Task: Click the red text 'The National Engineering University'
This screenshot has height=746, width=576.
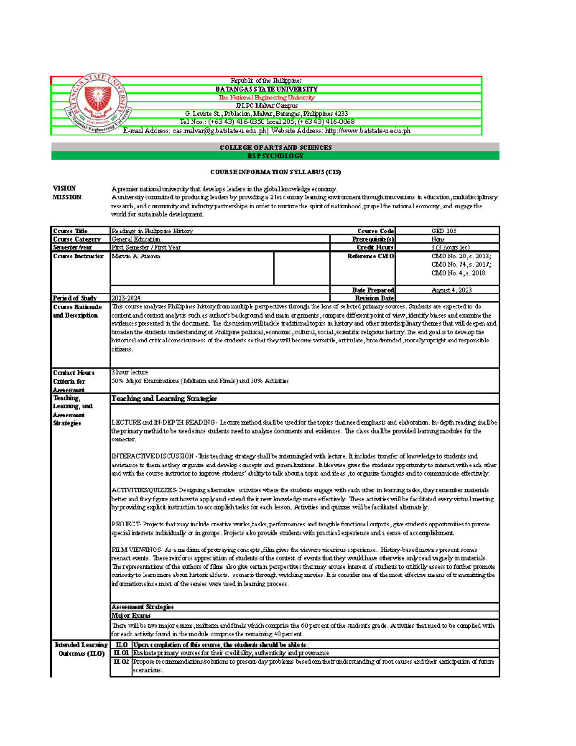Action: tap(266, 98)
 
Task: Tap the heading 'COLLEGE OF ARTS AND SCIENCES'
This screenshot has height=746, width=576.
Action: tap(276, 147)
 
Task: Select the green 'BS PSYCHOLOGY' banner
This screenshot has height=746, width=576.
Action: tap(276, 156)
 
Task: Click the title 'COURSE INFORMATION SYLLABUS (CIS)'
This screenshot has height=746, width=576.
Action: tap(276, 172)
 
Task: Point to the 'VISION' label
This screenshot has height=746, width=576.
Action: tap(64, 188)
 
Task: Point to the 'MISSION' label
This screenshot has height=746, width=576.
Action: tap(67, 197)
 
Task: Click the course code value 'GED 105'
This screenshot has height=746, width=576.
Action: tap(444, 231)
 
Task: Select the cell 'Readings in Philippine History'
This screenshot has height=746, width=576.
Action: tap(152, 231)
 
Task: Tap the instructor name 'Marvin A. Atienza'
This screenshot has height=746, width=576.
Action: tap(136, 256)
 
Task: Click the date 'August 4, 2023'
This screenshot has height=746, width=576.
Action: tap(451, 290)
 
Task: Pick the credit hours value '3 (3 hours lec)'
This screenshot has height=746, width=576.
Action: tap(450, 247)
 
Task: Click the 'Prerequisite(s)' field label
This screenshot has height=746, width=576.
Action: tap(373, 239)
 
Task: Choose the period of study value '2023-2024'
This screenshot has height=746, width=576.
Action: tap(126, 298)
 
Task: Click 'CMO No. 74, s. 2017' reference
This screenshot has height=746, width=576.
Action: tap(461, 264)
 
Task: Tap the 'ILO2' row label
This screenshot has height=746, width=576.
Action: tap(121, 661)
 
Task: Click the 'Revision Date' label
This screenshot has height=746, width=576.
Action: tap(374, 298)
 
